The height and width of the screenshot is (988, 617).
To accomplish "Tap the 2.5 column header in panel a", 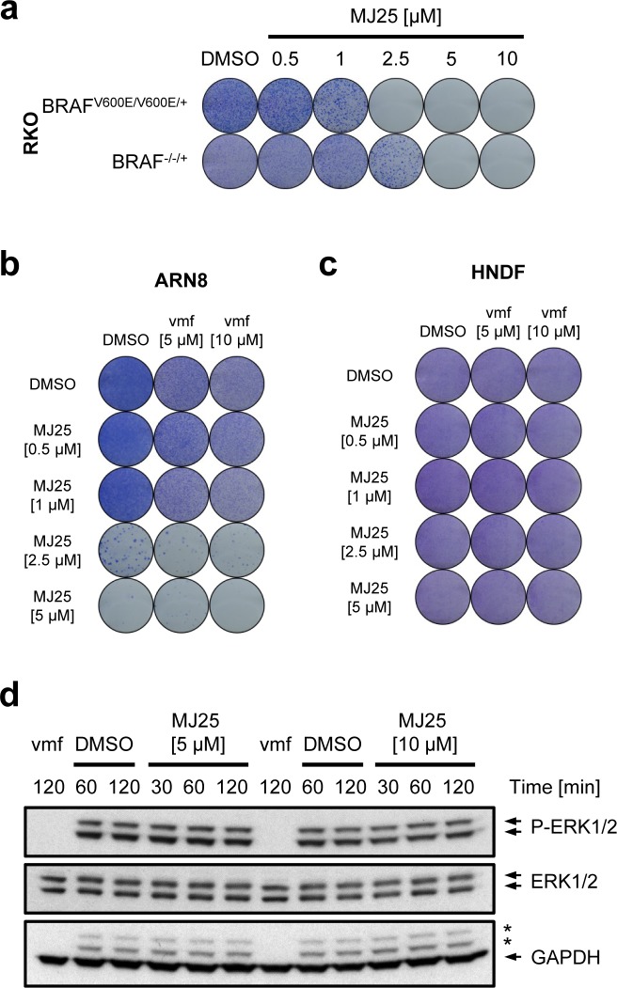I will coord(392,60).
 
